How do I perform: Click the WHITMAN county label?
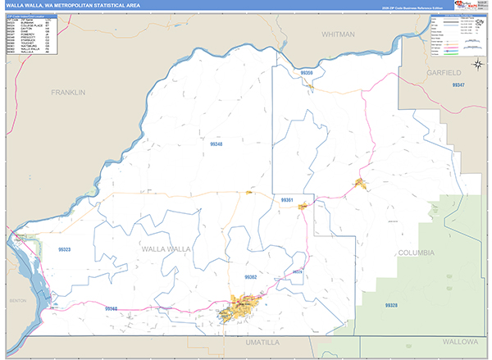click(339, 34)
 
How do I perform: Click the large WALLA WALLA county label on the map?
click(166, 248)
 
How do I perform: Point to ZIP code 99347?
click(457, 86)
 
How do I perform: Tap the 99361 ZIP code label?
click(287, 200)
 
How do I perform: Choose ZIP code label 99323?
click(65, 249)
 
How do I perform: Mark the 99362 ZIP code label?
click(251, 277)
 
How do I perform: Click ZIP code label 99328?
click(391, 304)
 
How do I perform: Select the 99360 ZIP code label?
click(111, 309)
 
